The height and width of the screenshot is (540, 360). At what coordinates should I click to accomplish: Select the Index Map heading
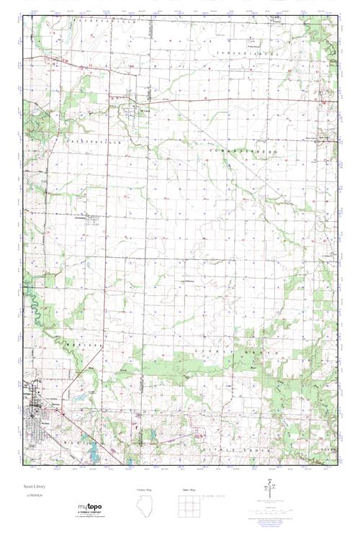click(188, 490)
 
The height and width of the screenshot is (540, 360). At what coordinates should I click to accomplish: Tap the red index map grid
click(188, 507)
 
